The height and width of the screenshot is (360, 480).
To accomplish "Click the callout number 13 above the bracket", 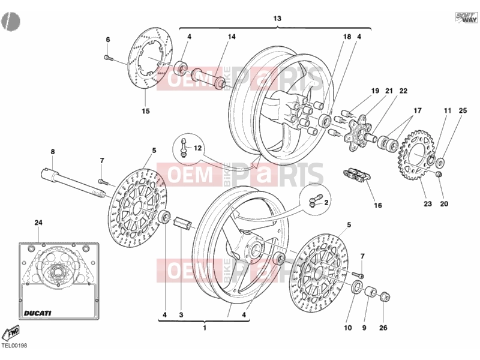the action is click(x=277, y=19).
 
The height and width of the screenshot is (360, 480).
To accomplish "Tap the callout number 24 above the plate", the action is click(x=38, y=223).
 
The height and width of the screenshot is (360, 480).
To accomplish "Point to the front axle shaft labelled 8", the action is click(x=73, y=186).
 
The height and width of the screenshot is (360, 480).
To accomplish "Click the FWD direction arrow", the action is click(x=11, y=333).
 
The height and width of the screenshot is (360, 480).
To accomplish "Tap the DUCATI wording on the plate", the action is click(x=37, y=313).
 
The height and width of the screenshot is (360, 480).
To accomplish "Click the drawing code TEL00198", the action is click(x=14, y=346).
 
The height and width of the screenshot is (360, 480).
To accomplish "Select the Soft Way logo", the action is click(x=466, y=17).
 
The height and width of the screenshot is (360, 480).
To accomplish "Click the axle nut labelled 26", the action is click(x=385, y=296).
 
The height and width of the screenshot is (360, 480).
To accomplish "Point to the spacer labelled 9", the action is click(x=371, y=292).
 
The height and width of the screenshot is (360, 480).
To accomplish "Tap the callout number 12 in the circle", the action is click(x=198, y=148).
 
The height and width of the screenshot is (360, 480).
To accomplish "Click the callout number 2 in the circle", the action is click(x=326, y=202).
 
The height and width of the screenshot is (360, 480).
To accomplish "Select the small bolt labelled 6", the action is click(x=109, y=57).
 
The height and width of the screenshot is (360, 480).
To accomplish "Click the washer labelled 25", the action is click(x=440, y=162).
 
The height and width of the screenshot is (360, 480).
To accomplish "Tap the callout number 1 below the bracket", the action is click(x=205, y=328).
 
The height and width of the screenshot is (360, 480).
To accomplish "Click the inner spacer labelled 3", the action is click(x=183, y=223).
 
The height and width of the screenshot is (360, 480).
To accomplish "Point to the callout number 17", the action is click(x=418, y=110).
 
